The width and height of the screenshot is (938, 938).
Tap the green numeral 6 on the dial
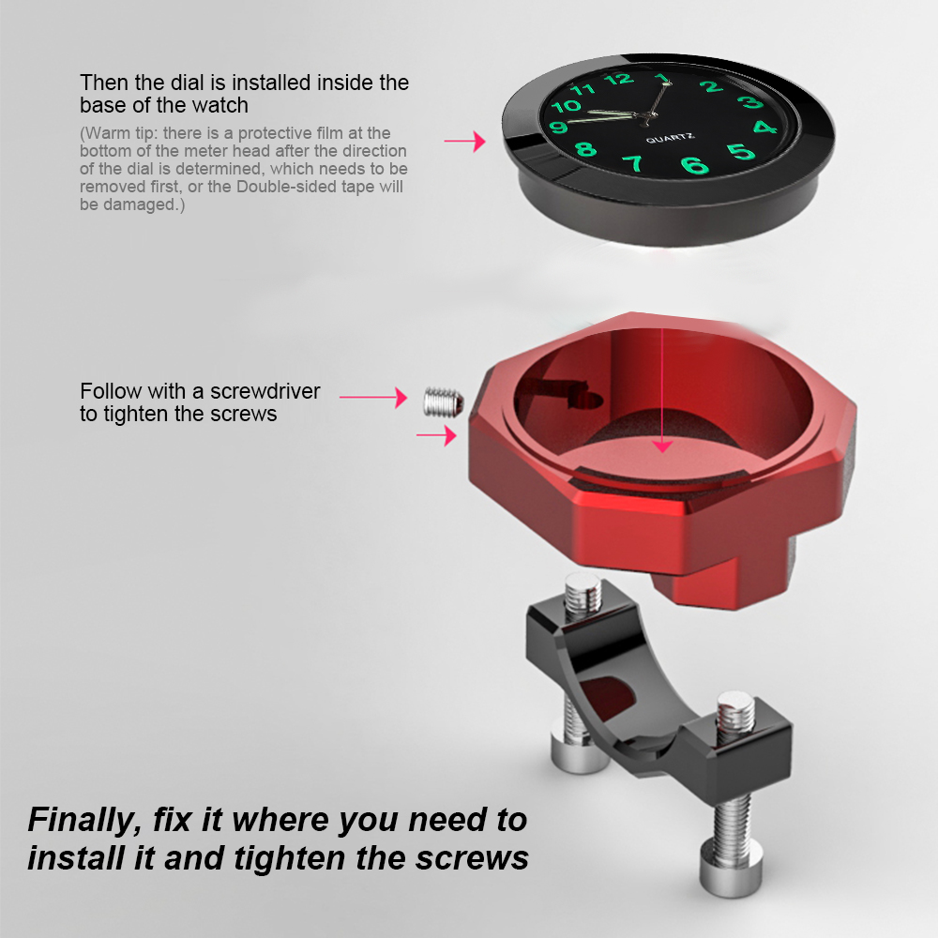click(x=695, y=167)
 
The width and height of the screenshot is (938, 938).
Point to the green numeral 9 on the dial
click(x=560, y=127)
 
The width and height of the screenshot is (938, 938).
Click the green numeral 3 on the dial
click(x=749, y=102)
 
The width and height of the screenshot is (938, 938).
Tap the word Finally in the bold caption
click(x=83, y=820)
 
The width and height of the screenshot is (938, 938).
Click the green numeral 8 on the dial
click(x=586, y=149)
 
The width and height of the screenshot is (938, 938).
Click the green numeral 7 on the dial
click(x=633, y=163)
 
